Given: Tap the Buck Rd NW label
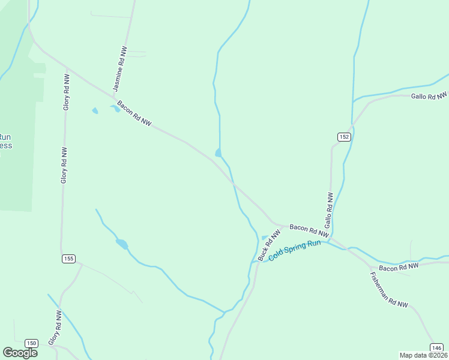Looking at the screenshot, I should [x=269, y=246].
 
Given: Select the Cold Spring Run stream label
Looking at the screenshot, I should [x=295, y=250].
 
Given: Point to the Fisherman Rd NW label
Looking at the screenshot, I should [x=389, y=290].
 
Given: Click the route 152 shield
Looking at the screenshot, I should [x=343, y=137].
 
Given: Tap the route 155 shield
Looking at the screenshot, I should [x=68, y=259].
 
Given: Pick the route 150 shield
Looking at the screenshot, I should [x=32, y=343].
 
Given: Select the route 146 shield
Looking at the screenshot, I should [x=436, y=347].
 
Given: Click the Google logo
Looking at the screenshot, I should [x=20, y=352].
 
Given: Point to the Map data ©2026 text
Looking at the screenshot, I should [x=423, y=355].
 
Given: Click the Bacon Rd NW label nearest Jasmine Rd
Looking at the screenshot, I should [x=134, y=113].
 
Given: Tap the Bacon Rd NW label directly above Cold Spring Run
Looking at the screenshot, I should [x=309, y=230].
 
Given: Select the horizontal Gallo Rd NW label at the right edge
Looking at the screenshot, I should [x=429, y=96].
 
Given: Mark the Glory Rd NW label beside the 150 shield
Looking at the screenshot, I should [x=55, y=328].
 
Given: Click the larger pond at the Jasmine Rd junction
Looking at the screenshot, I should [x=115, y=109].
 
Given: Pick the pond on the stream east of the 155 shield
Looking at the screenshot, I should [x=122, y=244].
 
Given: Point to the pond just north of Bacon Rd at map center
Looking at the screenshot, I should [x=218, y=153].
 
